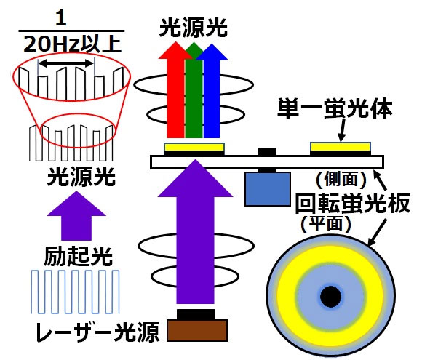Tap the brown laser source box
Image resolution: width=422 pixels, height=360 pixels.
(x=197, y=331)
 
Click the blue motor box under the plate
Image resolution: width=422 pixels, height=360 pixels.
(x=268, y=189)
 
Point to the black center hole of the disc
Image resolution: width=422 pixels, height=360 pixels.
(x=331, y=297)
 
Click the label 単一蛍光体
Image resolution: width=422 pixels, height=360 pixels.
(x=335, y=108)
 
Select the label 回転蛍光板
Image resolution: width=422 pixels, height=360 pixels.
(x=353, y=203)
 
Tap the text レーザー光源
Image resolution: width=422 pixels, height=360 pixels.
(x=97, y=332)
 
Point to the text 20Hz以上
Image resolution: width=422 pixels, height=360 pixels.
(x=72, y=44)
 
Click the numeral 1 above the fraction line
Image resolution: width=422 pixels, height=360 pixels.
(x=61, y=18)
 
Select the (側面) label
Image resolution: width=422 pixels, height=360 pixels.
(x=341, y=179)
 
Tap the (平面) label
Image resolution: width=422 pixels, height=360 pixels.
(x=326, y=224)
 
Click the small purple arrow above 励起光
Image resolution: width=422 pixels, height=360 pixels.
(x=76, y=216)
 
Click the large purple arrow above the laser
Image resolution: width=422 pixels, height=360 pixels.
(x=195, y=231)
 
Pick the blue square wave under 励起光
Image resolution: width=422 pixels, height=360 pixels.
(x=75, y=292)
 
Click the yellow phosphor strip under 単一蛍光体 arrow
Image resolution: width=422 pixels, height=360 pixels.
(x=341, y=147)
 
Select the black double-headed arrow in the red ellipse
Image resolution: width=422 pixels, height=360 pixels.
(x=66, y=64)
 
